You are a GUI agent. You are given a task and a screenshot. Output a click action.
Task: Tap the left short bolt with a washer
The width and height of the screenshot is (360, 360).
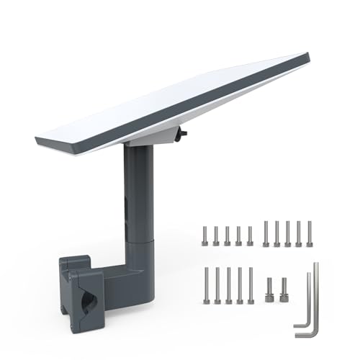coord(269,289)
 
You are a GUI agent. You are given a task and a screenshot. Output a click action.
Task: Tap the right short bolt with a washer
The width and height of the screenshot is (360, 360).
coord(284,289)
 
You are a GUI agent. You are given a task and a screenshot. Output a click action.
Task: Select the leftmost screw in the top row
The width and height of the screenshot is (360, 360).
coord(204,235)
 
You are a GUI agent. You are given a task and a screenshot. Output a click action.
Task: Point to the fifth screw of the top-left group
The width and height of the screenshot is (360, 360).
coord(250,235)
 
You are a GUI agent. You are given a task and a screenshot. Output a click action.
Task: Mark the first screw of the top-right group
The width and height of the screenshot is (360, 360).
coord(266,234)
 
